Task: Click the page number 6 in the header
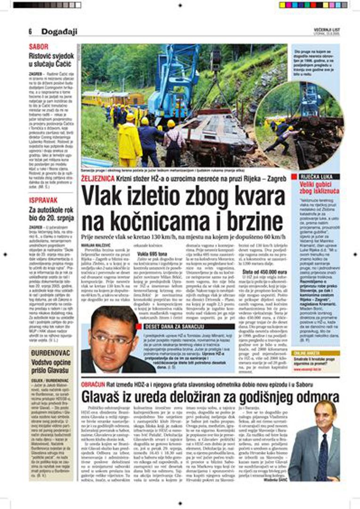(30, 31)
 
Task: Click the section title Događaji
(59, 31)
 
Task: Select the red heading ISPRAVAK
(43, 200)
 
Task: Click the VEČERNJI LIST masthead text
(327, 29)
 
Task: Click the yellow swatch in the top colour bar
(282, 5)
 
